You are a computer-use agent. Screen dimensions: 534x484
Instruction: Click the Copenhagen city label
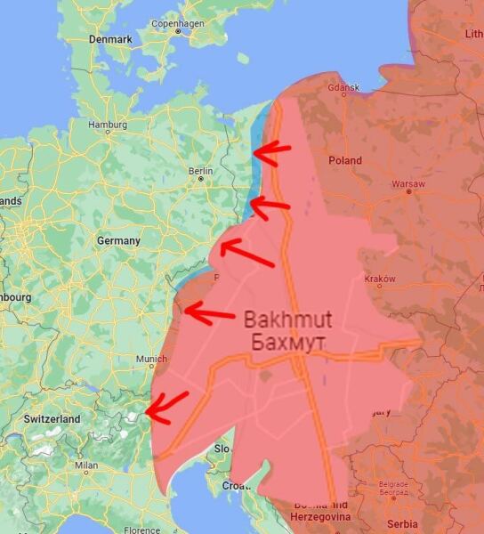pos(178,23)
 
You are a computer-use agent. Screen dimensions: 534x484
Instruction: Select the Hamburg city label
pos(108,125)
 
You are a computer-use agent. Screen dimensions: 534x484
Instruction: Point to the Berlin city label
pos(200,170)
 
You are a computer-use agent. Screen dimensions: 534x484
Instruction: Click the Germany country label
pos(118,240)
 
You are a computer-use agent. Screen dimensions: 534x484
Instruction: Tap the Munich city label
pos(151,359)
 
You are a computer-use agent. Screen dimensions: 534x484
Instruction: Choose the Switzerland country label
pos(52,418)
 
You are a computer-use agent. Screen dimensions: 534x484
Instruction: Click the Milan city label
pos(86,465)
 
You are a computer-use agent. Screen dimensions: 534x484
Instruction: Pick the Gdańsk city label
pos(343,88)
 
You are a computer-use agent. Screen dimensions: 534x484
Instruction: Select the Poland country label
pos(345,160)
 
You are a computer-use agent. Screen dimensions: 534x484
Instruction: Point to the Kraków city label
pos(380,279)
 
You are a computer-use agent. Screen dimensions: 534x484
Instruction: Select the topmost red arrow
pos(271,153)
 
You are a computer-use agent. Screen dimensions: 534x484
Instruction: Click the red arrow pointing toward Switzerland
pos(166,405)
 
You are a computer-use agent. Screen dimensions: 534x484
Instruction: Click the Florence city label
pos(142,530)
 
